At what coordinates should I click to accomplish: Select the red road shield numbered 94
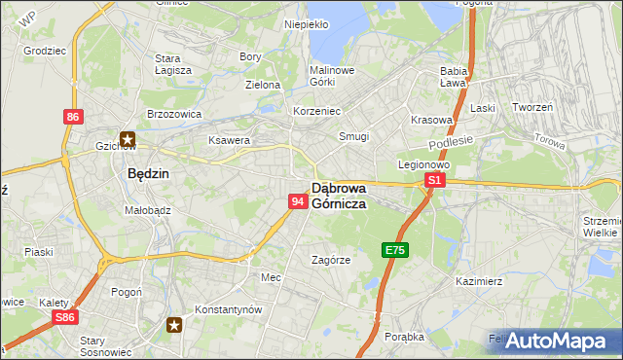(x=299, y=200)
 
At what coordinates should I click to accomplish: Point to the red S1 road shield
(x=435, y=181)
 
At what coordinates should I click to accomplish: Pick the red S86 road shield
(x=65, y=317)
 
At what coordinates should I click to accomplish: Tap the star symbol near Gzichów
(x=128, y=139)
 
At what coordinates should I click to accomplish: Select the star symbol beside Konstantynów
(x=174, y=324)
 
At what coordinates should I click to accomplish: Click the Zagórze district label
(x=330, y=260)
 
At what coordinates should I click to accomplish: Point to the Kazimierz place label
(x=478, y=280)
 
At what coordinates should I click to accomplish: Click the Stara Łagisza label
(x=173, y=63)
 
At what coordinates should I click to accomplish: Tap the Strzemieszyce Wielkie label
(x=601, y=227)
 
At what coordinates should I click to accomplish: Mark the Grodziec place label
(x=43, y=48)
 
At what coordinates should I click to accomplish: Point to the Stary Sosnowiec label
(x=105, y=346)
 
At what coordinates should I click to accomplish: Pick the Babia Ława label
(x=455, y=77)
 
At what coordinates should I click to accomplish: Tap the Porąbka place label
(x=403, y=337)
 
